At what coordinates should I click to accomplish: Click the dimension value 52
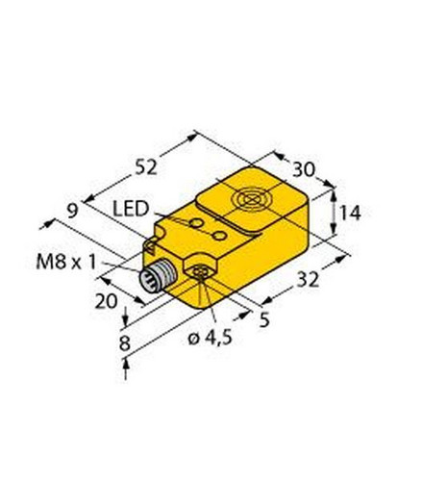click(146, 167)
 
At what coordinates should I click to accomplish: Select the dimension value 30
click(304, 170)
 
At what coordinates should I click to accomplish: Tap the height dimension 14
click(350, 214)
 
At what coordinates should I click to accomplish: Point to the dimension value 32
click(309, 279)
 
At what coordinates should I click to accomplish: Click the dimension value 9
click(73, 212)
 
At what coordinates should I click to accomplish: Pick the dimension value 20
click(107, 301)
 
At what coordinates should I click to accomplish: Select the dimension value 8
click(125, 343)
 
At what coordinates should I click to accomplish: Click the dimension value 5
click(264, 319)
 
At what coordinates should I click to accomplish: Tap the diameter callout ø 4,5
click(210, 338)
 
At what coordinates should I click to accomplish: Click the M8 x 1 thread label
click(66, 262)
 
